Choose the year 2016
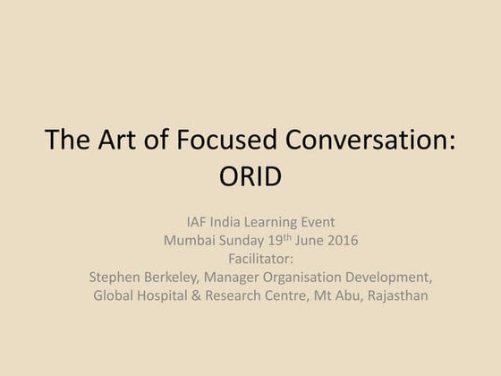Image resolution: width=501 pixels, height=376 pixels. tap(349, 240)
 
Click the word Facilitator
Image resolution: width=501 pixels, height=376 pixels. tap(250, 258)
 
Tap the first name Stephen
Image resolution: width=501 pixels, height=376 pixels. tap(116, 277)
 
